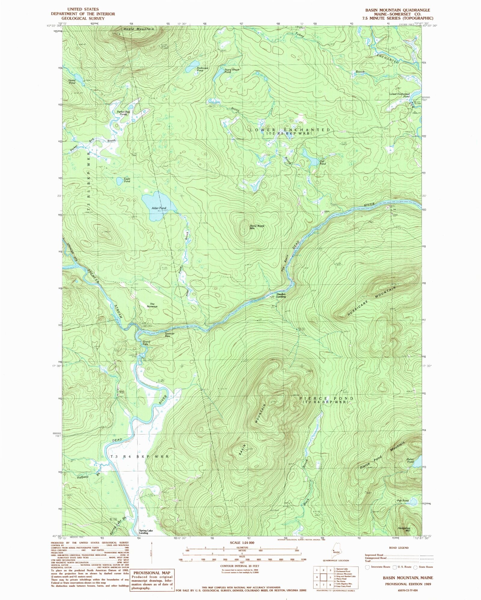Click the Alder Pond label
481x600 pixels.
point(159,208)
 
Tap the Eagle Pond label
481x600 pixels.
point(127,180)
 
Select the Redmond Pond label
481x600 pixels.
point(202,69)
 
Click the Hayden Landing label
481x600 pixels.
point(281,295)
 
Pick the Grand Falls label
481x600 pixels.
point(146,343)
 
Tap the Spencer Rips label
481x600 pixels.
point(169,335)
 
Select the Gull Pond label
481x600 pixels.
point(322,162)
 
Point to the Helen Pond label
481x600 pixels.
point(410,461)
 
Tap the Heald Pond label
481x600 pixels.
point(72,81)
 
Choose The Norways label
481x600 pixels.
point(152,305)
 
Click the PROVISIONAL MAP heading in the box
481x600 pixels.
point(152,573)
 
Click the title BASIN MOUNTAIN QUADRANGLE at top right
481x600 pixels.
point(397,10)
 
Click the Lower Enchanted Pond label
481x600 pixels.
point(400,95)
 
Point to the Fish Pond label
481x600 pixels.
point(403,501)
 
